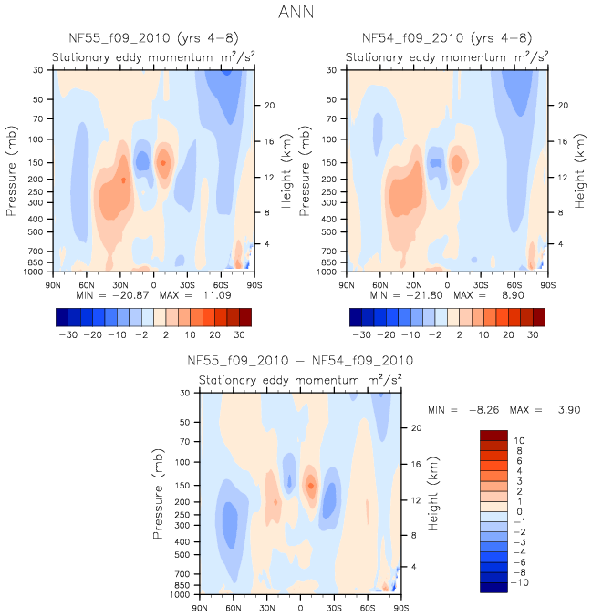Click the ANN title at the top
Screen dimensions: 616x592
point(296,12)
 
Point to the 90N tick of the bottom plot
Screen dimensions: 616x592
point(201,606)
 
